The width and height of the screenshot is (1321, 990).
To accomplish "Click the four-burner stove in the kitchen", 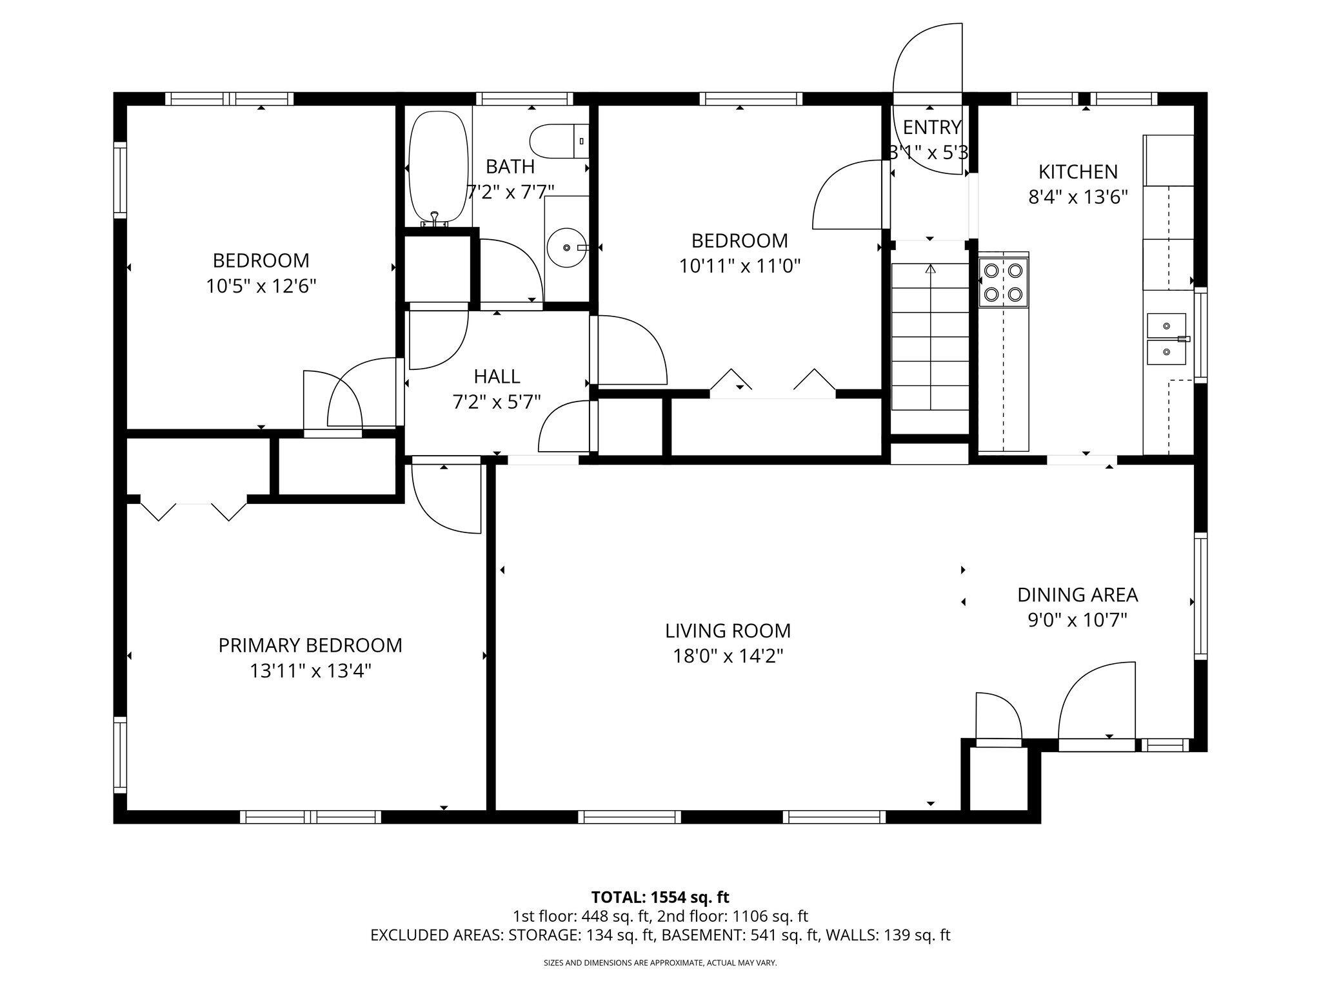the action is [1004, 282].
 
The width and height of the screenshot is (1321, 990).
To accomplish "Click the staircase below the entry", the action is [930, 336].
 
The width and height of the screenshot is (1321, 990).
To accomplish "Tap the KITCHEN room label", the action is [1078, 172].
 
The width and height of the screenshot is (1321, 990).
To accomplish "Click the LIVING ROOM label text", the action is [728, 630].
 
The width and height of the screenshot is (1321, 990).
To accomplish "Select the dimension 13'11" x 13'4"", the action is [310, 671].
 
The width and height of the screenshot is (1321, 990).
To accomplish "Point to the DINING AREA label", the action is [1077, 594].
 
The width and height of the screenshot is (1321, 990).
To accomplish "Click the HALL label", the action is [497, 376].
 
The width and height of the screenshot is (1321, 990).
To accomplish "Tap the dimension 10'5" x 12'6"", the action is [261, 286].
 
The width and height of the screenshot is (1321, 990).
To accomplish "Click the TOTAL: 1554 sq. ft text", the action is [660, 897].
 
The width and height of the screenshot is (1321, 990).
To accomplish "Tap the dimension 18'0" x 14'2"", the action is [728, 656].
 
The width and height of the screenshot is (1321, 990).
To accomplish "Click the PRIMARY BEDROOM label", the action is [310, 645].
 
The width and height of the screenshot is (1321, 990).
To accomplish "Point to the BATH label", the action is [510, 167].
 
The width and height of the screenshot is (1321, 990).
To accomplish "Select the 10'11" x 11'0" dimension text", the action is [739, 266].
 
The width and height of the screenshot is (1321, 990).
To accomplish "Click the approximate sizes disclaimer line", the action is [660, 963].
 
